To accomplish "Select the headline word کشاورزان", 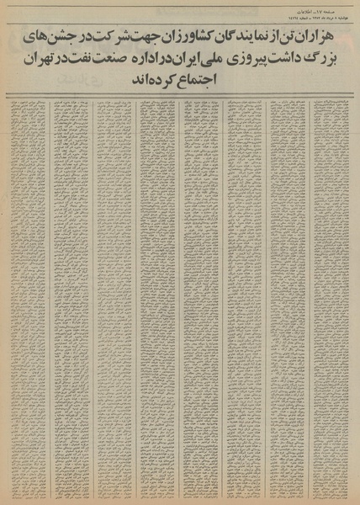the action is pyautogui.click(x=188, y=38).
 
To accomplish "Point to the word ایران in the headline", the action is pyautogui.click(x=166, y=61).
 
